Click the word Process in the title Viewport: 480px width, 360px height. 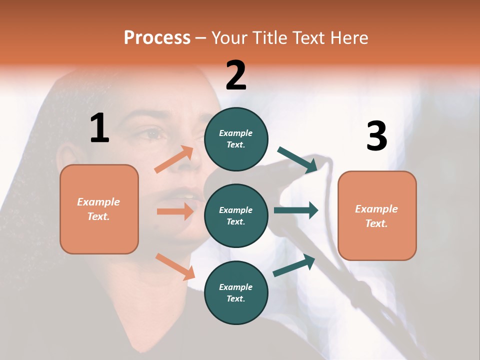click(157, 38)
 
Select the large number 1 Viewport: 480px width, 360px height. click(99, 128)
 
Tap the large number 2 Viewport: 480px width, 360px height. click(236, 75)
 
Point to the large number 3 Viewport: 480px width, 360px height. click(376, 136)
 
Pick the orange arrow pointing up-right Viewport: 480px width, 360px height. click(174, 159)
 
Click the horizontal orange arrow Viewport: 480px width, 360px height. click(175, 211)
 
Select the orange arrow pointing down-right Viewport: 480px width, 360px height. click(175, 266)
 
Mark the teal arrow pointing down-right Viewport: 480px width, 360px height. click(297, 160)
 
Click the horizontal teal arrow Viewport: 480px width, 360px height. click(295, 210)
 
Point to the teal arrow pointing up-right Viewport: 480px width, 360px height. click(294, 265)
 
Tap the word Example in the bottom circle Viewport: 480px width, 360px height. click(236, 287)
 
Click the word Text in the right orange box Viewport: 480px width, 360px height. click(375, 223)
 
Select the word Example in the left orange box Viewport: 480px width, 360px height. click(98, 202)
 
